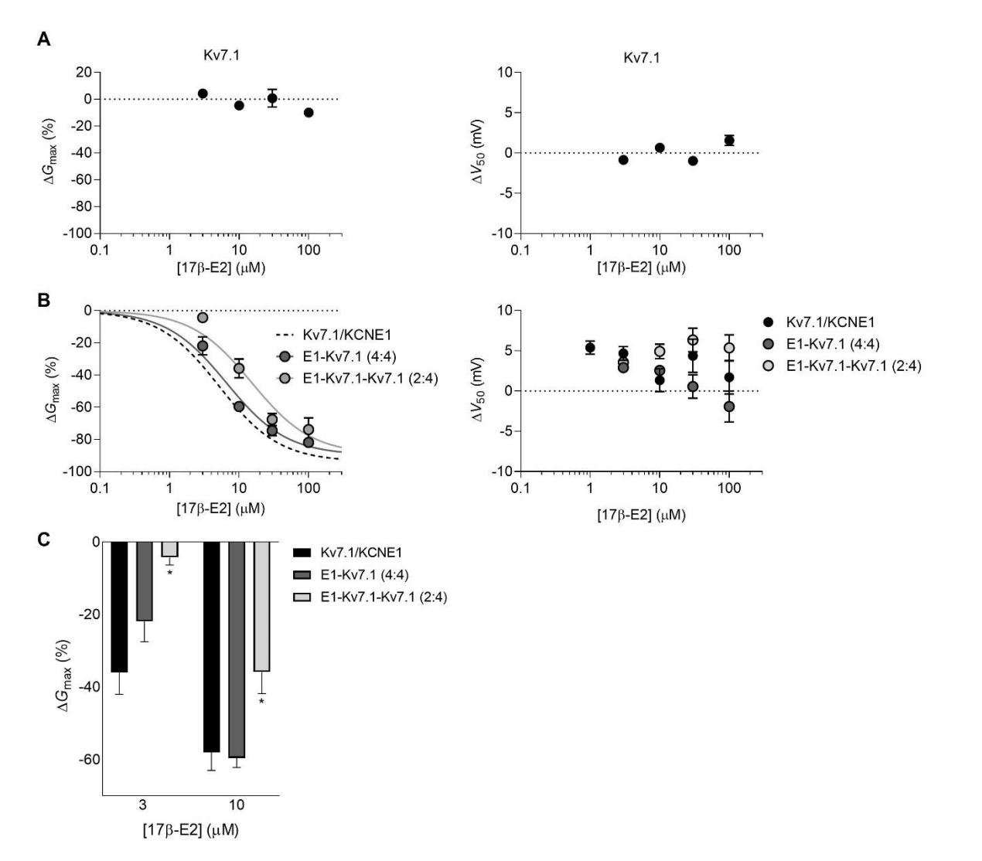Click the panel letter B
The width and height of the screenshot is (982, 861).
click(44, 300)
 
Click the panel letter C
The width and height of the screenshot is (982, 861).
click(44, 539)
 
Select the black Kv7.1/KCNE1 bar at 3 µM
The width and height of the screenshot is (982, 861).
click(119, 607)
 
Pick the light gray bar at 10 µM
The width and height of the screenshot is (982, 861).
click(261, 607)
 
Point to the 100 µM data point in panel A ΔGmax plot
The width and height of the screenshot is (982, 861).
click(309, 113)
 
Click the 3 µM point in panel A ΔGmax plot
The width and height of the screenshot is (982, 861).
click(203, 94)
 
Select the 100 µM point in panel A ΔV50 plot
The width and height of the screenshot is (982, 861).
click(729, 140)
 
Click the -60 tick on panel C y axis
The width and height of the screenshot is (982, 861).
click(90, 759)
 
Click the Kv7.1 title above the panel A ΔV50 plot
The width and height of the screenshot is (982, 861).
click(641, 58)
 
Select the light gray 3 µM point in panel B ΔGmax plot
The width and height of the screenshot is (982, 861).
click(203, 318)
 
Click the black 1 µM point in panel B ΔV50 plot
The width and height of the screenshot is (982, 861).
click(590, 348)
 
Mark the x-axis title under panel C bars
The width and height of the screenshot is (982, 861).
click(189, 830)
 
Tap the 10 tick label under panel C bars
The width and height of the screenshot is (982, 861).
click(237, 805)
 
